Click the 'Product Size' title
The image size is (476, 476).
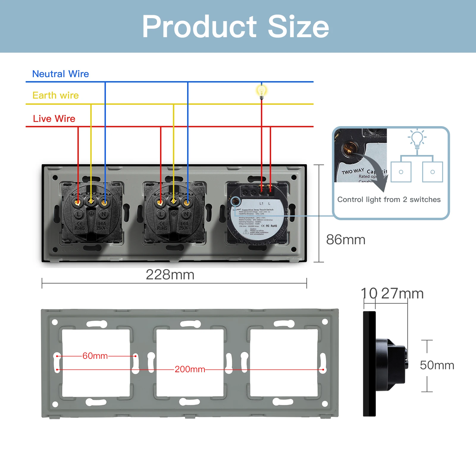[235, 27]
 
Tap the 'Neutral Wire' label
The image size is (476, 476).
[60, 74]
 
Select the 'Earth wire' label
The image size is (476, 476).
[56, 95]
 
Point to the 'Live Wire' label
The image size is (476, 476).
[54, 118]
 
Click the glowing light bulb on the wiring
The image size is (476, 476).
[262, 91]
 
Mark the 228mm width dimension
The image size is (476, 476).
[170, 275]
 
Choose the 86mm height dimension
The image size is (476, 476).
[345, 239]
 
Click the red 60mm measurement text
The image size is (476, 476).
[95, 356]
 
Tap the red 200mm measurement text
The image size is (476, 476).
[190, 369]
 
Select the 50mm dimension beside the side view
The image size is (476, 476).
[437, 365]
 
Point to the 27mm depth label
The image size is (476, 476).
[402, 294]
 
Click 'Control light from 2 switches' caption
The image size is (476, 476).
[389, 199]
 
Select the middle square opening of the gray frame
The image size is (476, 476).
[190, 363]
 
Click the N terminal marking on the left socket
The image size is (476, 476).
[104, 214]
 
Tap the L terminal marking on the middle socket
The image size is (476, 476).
[161, 214]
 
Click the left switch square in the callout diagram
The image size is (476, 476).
[401, 172]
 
